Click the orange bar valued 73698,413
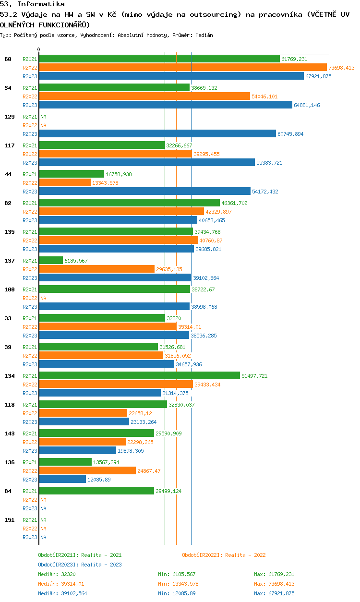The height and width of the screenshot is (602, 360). click(x=183, y=68)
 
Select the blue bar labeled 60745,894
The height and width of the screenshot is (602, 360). click(x=157, y=133)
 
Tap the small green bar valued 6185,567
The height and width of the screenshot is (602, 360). click(x=51, y=260)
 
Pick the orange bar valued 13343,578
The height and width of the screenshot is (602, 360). click(x=65, y=182)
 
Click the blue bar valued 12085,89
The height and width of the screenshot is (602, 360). click(x=62, y=479)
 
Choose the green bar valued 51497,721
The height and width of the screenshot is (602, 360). click(x=139, y=375)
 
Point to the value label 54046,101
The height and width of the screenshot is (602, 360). click(x=264, y=96)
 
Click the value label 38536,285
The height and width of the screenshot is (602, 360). click(x=204, y=336)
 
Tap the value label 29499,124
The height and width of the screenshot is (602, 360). click(x=168, y=491)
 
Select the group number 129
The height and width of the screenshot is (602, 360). click(x=10, y=117)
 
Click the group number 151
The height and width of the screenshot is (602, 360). click(x=10, y=520)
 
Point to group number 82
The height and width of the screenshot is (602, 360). click(x=8, y=203)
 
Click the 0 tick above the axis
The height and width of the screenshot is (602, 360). click(x=39, y=49)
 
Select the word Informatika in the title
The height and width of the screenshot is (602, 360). click(x=41, y=4)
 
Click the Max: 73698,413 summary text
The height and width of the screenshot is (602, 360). click(x=274, y=584)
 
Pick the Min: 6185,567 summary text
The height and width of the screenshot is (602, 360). click(x=177, y=574)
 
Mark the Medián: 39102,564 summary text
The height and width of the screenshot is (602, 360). click(x=62, y=593)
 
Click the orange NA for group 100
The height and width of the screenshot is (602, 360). click(x=43, y=298)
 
